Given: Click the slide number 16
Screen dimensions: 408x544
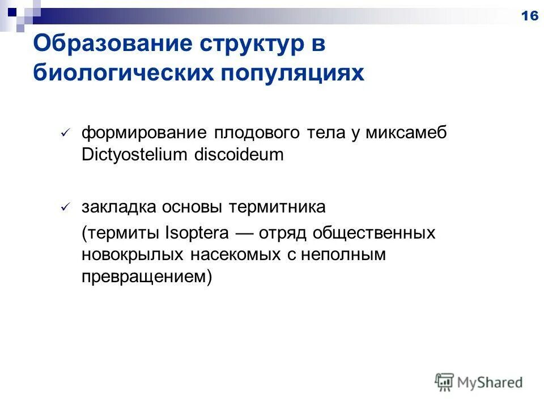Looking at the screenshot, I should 529,16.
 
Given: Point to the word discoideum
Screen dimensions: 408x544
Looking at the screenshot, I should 239,155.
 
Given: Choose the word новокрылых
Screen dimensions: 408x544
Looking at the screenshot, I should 132,255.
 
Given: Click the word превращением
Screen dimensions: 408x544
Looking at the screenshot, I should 144,277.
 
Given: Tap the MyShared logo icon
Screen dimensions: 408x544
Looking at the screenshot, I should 445,382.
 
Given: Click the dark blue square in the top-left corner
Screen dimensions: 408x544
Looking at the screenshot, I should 12,10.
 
